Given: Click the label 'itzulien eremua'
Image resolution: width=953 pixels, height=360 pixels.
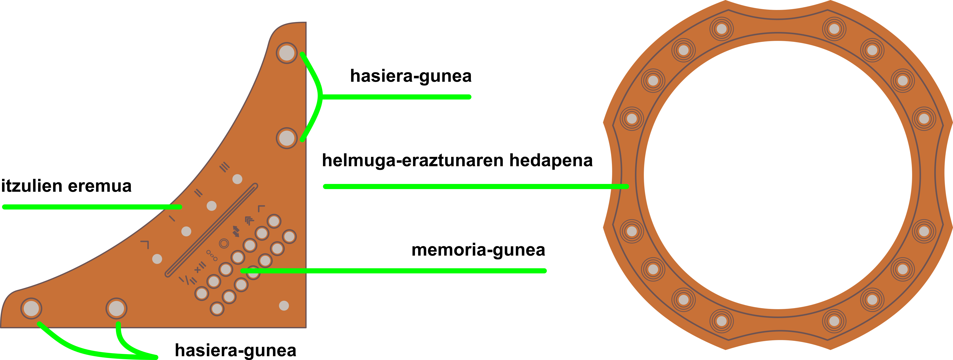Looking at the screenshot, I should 66,186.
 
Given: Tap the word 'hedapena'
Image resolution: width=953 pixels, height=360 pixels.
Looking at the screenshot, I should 551,160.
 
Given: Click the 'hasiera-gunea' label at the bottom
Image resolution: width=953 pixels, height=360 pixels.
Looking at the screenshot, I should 235,350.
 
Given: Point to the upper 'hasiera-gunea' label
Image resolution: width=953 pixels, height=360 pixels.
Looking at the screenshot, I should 411,76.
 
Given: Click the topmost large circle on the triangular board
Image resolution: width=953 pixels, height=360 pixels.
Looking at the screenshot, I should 287,53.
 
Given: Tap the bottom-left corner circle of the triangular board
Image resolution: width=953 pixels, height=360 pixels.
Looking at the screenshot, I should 31,308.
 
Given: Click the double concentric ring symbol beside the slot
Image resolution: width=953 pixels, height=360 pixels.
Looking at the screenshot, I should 224,243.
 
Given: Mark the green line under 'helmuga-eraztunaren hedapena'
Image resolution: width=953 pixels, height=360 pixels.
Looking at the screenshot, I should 473,187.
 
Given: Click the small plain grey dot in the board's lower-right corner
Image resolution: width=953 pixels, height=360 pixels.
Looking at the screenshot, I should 284,306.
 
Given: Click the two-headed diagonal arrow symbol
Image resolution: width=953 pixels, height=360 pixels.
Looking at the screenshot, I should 236,231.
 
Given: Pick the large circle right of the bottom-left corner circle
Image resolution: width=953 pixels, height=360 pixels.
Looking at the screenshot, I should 117,308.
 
